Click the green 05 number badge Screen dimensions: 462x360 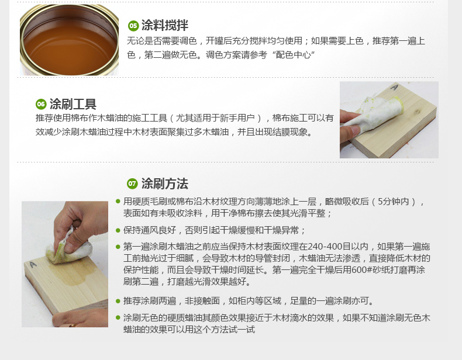(133, 26)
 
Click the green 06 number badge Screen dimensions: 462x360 (41, 104)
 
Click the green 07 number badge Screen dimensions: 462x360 (132, 184)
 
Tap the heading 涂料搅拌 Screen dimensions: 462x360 (165, 25)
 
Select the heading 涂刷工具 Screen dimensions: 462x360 (73, 104)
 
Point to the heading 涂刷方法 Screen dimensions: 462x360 (165, 184)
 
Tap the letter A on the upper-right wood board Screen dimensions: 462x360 (394, 87)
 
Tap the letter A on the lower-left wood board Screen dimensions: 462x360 (33, 265)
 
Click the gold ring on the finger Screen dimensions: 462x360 (71, 326)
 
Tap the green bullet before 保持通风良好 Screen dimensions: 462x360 (118, 230)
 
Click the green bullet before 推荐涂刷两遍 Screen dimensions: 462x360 (118, 301)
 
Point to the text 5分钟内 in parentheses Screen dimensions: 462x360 (394, 202)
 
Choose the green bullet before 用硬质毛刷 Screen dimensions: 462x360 (118, 202)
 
